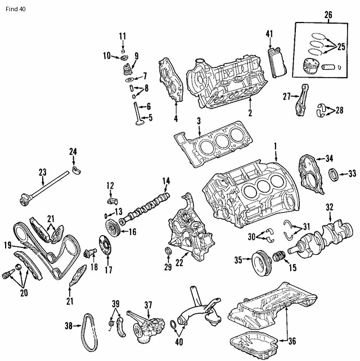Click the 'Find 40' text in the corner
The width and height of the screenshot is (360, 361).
pyautogui.click(x=13, y=10)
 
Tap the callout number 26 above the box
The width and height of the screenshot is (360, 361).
pyautogui.click(x=328, y=14)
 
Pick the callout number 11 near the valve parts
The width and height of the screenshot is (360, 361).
pyautogui.click(x=123, y=37)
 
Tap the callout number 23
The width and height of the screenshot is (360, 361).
pyautogui.click(x=43, y=173)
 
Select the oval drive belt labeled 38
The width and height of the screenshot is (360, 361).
pyautogui.click(x=89, y=325)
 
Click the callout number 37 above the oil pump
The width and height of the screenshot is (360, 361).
pyautogui.click(x=148, y=305)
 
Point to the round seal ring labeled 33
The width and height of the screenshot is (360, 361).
pyautogui.click(x=333, y=173)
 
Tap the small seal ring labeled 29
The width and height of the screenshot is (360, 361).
pyautogui.click(x=167, y=250)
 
